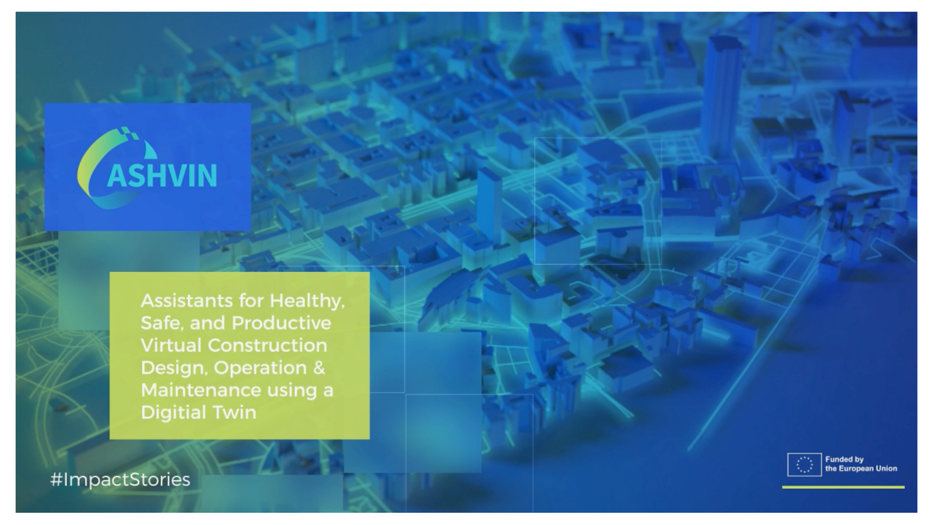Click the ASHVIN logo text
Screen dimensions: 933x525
162,176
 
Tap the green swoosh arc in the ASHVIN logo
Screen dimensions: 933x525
90,167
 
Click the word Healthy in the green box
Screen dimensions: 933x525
307,301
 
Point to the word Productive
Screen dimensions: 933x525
282,323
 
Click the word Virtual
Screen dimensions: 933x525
171,345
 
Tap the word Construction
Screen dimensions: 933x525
268,345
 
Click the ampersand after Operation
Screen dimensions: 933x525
319,368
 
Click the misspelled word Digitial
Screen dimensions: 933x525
174,413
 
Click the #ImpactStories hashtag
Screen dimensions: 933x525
120,480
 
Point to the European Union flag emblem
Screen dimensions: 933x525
804,464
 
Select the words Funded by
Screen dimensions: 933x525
844,459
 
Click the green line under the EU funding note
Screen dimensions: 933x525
843,487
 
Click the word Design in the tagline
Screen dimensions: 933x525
174,368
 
